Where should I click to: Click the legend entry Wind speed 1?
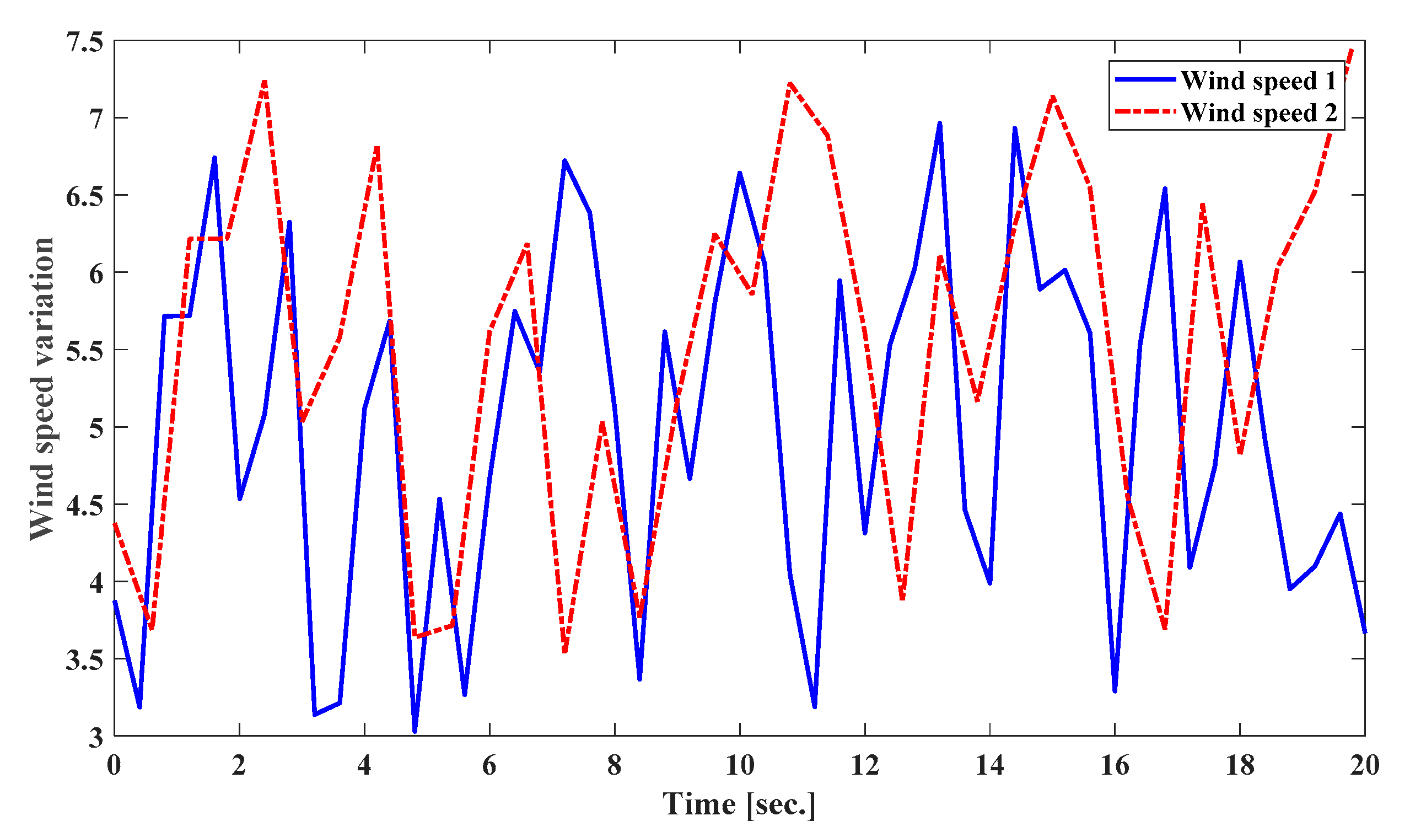point(1258,80)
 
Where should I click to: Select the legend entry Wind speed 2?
point(1258,112)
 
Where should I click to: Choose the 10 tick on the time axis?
point(739,765)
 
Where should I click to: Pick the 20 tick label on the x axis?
point(1364,765)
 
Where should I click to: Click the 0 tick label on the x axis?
point(114,765)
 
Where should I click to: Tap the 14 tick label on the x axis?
point(989,765)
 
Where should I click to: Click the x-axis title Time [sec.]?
point(739,804)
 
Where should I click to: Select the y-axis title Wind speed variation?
point(42,389)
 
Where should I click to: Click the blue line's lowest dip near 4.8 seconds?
point(415,731)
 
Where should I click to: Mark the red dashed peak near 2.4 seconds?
point(264,82)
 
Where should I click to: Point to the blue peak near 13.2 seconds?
point(939,123)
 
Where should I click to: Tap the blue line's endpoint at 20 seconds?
point(1364,632)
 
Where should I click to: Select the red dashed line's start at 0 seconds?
point(115,523)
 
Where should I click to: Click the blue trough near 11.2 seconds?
point(814,706)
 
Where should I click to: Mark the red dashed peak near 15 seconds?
point(1052,97)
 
